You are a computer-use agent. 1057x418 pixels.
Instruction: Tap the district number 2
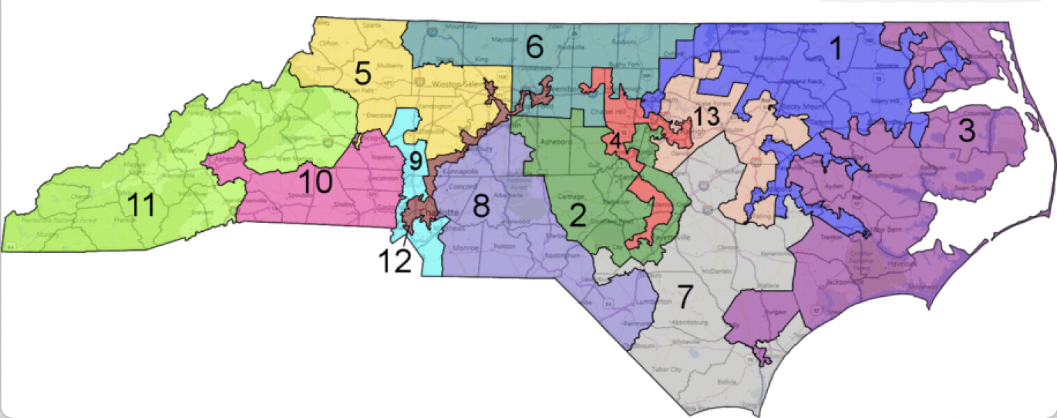click(x=577, y=215)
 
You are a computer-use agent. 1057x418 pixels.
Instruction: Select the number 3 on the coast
click(x=965, y=132)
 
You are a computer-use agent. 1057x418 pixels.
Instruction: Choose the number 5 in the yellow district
click(x=362, y=72)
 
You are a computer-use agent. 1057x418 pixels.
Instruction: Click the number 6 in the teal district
click(x=534, y=47)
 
